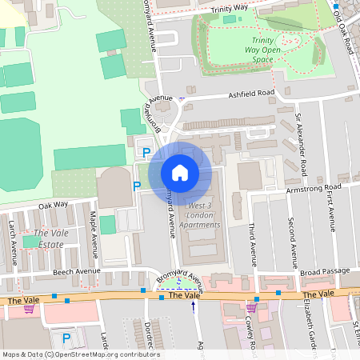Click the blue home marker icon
coord(180,173)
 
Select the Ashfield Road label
coord(250,94)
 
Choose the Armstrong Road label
coord(314,189)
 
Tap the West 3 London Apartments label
coord(203,216)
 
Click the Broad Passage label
coord(326,272)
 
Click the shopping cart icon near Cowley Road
coord(251,307)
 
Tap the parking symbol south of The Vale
coord(66,338)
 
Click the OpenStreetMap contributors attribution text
coord(80,354)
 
